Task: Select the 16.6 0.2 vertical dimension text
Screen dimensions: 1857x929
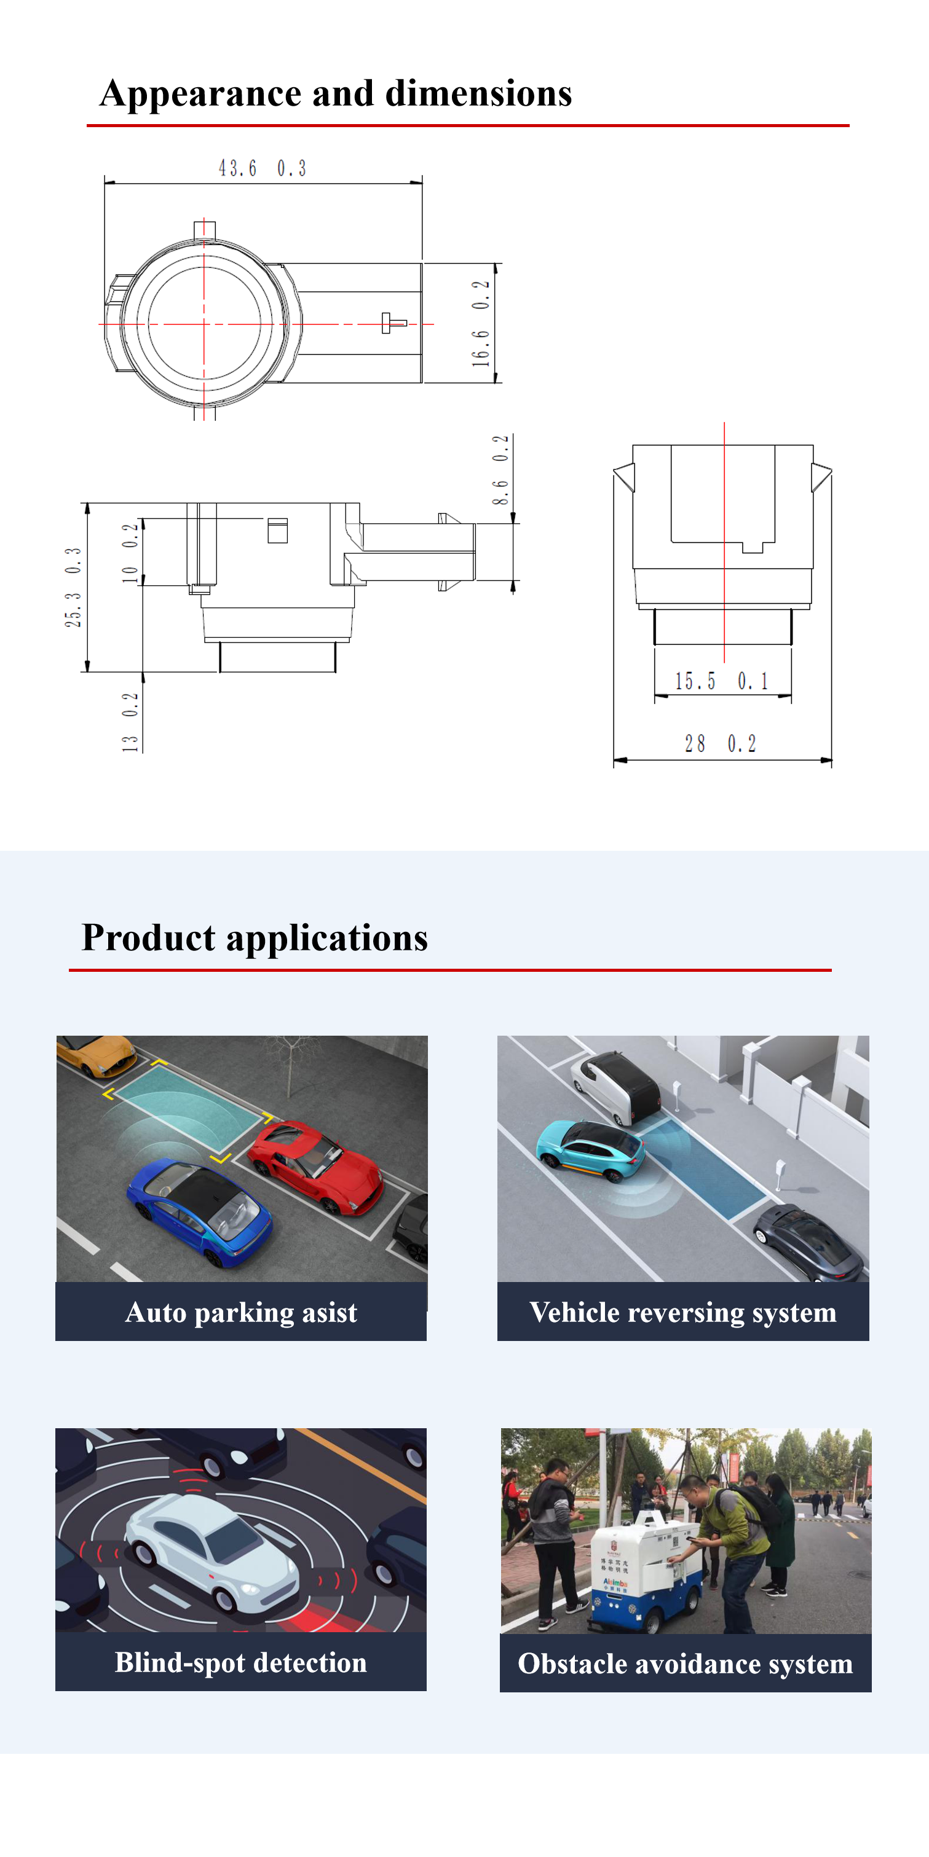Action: (x=481, y=323)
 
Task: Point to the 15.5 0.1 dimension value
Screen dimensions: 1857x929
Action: (x=721, y=681)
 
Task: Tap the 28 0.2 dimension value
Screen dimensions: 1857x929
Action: (x=721, y=743)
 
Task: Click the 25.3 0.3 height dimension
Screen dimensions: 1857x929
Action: (x=73, y=587)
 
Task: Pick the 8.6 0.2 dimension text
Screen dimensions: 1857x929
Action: (x=500, y=469)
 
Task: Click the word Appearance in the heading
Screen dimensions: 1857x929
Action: (x=200, y=94)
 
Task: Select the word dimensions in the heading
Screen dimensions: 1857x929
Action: (x=478, y=94)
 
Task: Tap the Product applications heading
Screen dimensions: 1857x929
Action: (x=255, y=938)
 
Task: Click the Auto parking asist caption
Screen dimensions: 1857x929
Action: (x=241, y=1312)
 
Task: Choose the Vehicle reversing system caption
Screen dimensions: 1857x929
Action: (x=682, y=1312)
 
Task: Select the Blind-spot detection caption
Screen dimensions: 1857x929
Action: (x=241, y=1662)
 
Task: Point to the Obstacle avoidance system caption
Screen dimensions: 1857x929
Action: (x=685, y=1663)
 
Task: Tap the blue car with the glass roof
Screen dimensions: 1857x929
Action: (x=200, y=1210)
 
